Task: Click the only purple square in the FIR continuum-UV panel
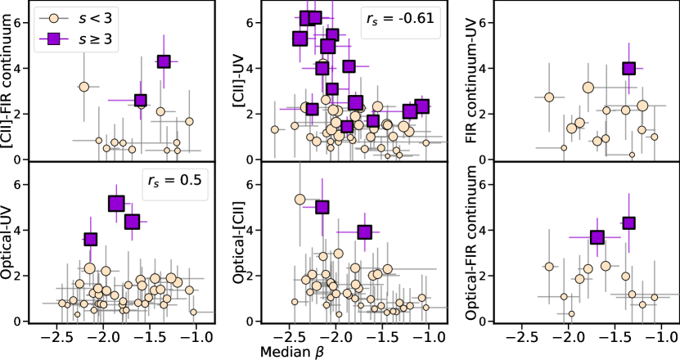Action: (x=629, y=69)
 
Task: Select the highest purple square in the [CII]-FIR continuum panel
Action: (x=164, y=61)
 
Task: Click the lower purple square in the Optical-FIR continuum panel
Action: (x=597, y=237)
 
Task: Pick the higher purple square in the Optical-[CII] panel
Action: (x=322, y=207)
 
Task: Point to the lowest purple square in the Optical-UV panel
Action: (x=91, y=239)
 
